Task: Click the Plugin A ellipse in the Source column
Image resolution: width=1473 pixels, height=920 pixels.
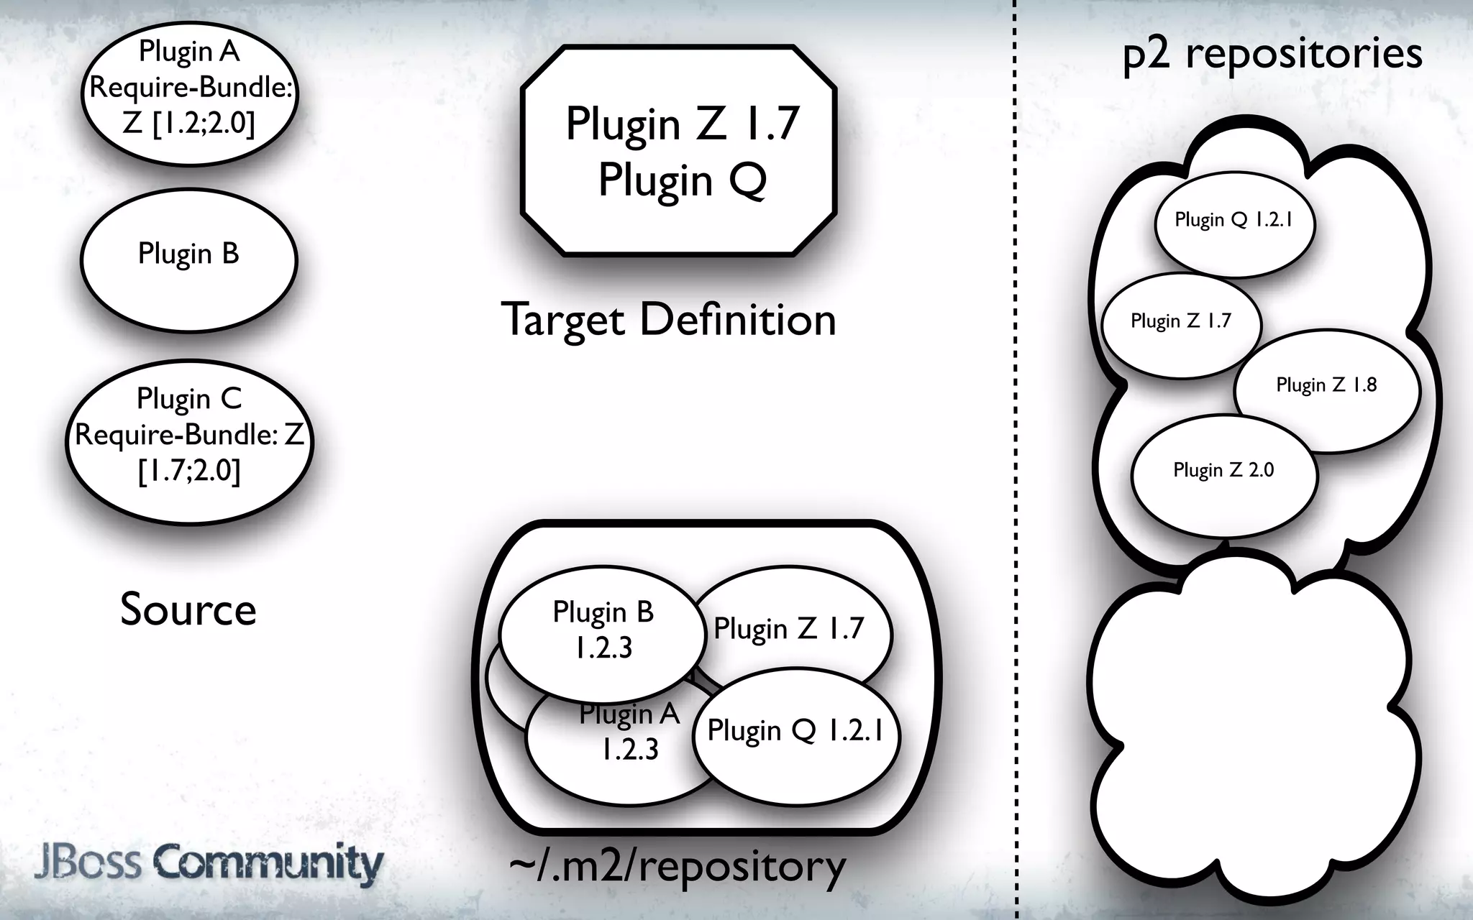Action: click(189, 93)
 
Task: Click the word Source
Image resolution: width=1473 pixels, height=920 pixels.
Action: click(188, 609)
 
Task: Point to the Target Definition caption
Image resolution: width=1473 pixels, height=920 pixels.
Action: click(668, 320)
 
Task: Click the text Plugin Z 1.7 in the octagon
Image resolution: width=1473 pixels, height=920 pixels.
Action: click(682, 124)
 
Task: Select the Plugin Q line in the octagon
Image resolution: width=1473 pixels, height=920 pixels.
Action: click(682, 180)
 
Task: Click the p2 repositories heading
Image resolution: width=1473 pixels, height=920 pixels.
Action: click(1272, 53)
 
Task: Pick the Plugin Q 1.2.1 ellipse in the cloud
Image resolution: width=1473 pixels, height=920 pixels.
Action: click(1234, 223)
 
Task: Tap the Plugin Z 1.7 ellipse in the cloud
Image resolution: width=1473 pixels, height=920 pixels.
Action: click(1180, 323)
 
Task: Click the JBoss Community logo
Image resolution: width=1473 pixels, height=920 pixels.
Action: click(209, 862)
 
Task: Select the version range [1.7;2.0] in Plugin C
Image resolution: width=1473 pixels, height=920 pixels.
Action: click(189, 471)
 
